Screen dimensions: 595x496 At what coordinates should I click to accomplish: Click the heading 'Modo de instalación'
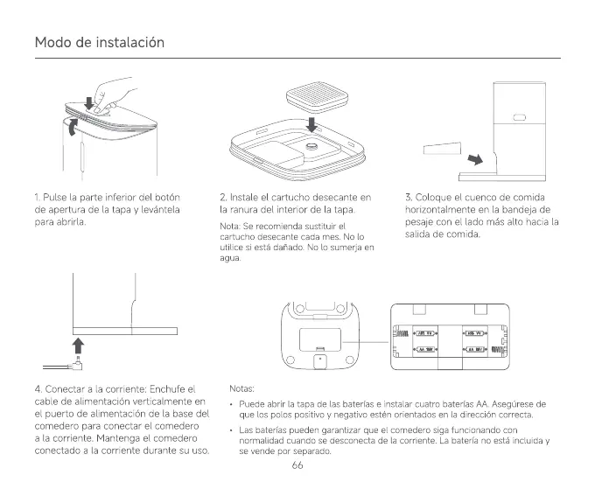coord(99,42)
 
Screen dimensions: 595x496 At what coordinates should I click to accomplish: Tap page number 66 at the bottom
coord(297,465)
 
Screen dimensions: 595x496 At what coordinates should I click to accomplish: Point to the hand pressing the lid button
coord(109,94)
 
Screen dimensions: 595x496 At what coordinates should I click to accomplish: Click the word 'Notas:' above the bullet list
coord(241,388)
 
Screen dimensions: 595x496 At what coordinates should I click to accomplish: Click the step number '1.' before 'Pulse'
coord(38,197)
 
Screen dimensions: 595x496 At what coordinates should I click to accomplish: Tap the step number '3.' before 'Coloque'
coord(409,197)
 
